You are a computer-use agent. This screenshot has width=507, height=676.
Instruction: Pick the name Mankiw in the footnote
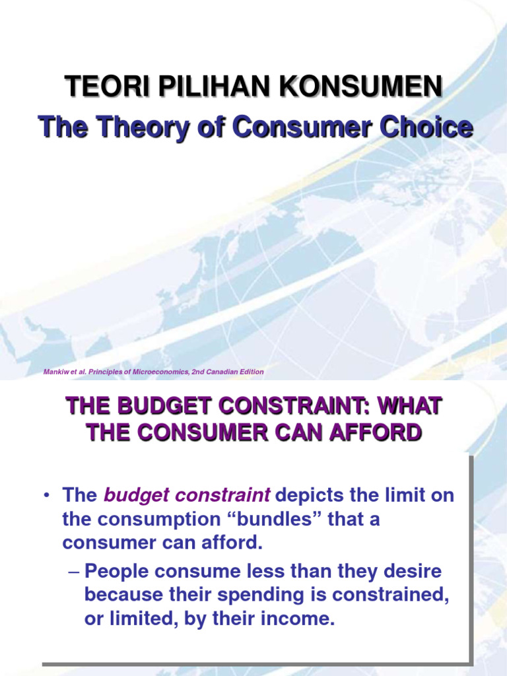click(55, 372)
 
